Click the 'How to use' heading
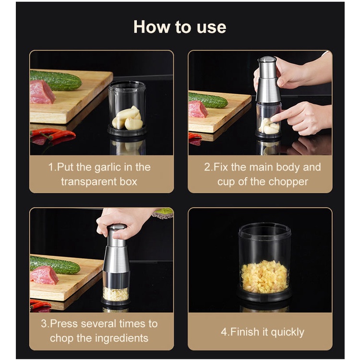180,27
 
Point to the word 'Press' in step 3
64,324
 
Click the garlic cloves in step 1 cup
128,118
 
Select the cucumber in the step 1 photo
56,80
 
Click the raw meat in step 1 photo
42,92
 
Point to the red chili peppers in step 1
53,135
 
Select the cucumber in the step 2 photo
208,100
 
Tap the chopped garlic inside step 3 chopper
116,294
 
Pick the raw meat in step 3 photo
44,275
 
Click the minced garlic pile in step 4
264,277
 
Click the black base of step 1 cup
127,131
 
